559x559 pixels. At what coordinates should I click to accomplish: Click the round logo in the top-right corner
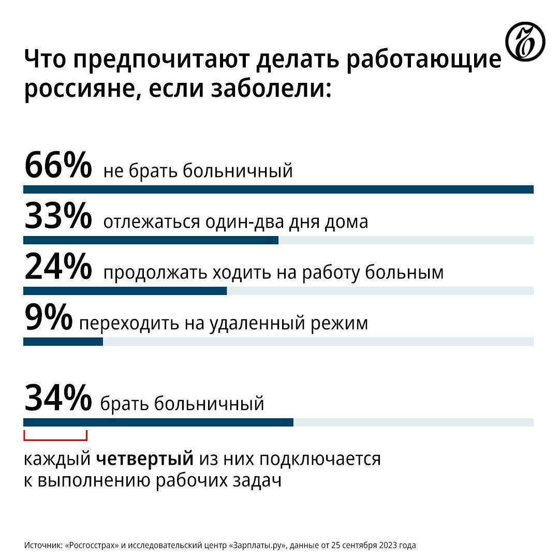pos(525,41)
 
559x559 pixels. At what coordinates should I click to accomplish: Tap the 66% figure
pos(57,165)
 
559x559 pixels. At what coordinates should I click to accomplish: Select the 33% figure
pos(57,216)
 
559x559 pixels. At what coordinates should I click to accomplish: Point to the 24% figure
pos(57,267)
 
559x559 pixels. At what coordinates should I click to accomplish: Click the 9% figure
pos(48,318)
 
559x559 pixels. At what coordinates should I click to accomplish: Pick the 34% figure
pos(57,398)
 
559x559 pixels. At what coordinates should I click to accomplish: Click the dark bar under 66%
pos(278,189)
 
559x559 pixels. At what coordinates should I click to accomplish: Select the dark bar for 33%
pos(151,240)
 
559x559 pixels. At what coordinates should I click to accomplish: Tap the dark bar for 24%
pos(125,291)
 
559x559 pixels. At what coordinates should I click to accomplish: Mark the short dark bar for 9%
pos(63,342)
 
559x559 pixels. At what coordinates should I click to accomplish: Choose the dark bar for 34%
pos(158,422)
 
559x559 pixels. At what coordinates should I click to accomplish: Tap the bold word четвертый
pos(145,459)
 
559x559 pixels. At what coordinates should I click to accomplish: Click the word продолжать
pos(155,272)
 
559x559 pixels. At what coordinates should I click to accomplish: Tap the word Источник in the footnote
pos(43,545)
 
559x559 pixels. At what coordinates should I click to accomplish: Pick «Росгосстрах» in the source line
pos(94,545)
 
